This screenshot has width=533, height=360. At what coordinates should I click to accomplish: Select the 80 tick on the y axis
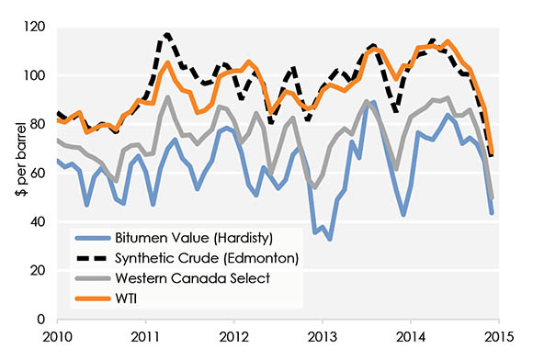pos(40,125)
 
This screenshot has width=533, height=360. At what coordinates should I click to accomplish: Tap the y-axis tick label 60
pos(40,173)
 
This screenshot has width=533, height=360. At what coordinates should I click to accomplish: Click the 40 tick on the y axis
pos(40,221)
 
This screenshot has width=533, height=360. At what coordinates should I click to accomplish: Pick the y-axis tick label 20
pos(40,270)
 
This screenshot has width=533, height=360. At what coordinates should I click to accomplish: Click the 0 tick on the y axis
pos(43,319)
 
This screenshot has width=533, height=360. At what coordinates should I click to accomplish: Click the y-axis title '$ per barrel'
pos(16,173)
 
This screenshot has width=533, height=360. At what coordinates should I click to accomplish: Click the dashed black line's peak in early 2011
pos(166,35)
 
